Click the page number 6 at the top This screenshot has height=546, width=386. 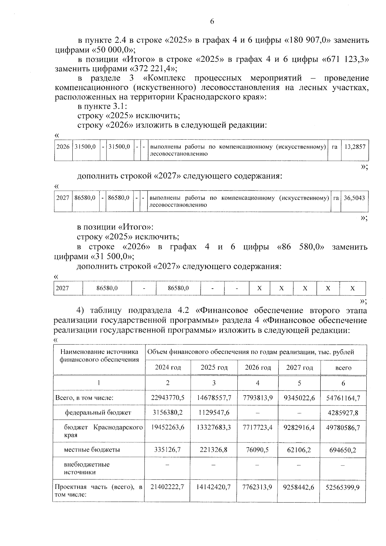(x=212, y=22)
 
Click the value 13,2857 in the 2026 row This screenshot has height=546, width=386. (x=355, y=147)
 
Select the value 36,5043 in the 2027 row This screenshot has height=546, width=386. (x=354, y=198)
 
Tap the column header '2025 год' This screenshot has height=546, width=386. (x=214, y=367)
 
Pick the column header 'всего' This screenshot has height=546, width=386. (x=343, y=368)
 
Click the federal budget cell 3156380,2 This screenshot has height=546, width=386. (x=168, y=412)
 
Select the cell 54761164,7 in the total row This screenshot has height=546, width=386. (x=343, y=398)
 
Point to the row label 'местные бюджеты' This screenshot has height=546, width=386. (x=92, y=450)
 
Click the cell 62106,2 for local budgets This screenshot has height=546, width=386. (x=299, y=450)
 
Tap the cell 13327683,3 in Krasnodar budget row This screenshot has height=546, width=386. (x=214, y=428)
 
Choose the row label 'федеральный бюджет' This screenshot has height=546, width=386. (x=98, y=412)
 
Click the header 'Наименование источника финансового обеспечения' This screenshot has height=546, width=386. (x=99, y=356)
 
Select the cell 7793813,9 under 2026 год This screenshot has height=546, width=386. (x=258, y=398)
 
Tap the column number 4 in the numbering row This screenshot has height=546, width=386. (x=258, y=383)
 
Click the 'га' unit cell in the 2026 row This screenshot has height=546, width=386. (x=335, y=147)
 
